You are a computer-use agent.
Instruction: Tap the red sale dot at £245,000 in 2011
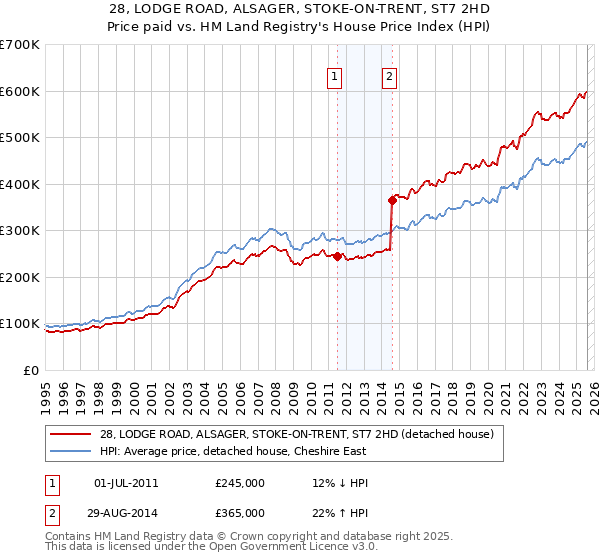click(x=337, y=256)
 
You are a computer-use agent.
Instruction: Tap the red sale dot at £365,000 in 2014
click(x=393, y=200)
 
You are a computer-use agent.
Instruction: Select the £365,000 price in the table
click(x=239, y=512)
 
